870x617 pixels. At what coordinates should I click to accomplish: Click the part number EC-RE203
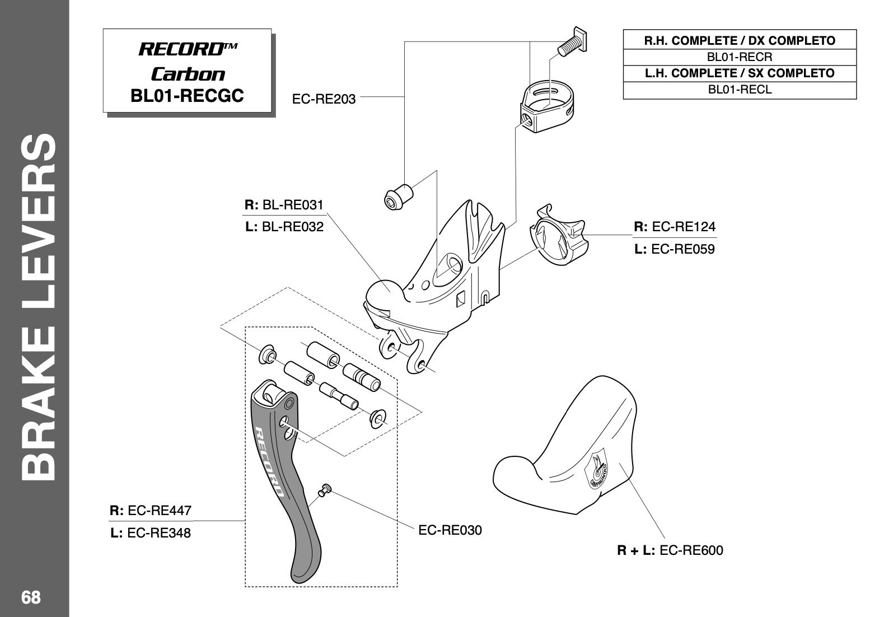[324, 99]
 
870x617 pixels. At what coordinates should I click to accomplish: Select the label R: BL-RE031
[284, 205]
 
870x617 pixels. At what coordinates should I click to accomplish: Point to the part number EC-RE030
[450, 530]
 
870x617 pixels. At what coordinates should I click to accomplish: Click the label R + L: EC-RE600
[670, 550]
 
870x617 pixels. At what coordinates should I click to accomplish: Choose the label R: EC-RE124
[674, 227]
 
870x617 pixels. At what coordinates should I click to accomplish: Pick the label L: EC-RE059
[674, 249]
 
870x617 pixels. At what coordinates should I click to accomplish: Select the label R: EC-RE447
[151, 511]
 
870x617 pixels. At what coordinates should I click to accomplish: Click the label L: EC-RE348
[151, 533]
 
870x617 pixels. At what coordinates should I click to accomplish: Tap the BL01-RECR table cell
[740, 57]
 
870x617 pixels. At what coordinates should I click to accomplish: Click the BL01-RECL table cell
[740, 90]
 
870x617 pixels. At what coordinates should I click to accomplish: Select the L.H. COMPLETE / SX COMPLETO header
[740, 73]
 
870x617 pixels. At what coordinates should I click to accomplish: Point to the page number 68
[31, 597]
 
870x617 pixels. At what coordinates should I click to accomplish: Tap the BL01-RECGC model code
[187, 95]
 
